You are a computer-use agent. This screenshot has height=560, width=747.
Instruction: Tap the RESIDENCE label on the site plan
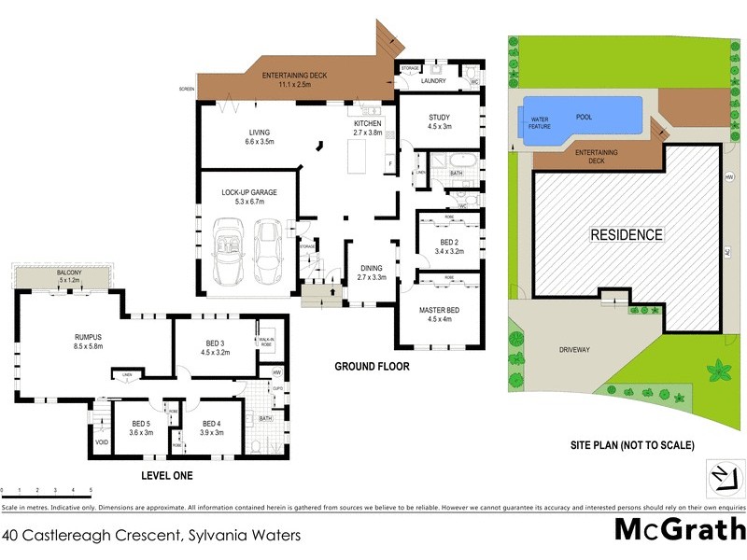[x=626, y=235]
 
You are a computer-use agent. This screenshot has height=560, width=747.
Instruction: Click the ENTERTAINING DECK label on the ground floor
[x=293, y=79]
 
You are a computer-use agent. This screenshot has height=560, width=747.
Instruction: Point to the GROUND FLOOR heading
[x=372, y=367]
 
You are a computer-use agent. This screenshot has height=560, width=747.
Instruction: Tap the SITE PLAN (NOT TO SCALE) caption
[x=632, y=446]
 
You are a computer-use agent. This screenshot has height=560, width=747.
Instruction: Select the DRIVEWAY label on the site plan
[x=574, y=350]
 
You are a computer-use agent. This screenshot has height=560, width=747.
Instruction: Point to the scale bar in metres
[x=47, y=491]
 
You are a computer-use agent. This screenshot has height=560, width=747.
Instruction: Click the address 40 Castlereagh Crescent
[x=151, y=536]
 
